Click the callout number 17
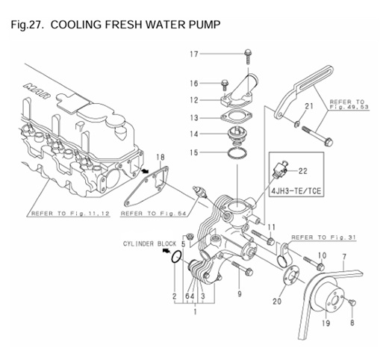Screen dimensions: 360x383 click(193, 54)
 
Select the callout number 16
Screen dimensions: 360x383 click(193, 83)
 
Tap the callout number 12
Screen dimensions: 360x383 click(193, 100)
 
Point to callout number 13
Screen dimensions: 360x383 click(193, 118)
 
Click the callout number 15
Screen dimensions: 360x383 click(193, 152)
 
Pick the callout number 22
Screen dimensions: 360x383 click(303, 172)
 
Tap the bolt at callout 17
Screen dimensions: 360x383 click(246, 54)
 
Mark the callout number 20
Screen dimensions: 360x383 click(277, 302)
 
